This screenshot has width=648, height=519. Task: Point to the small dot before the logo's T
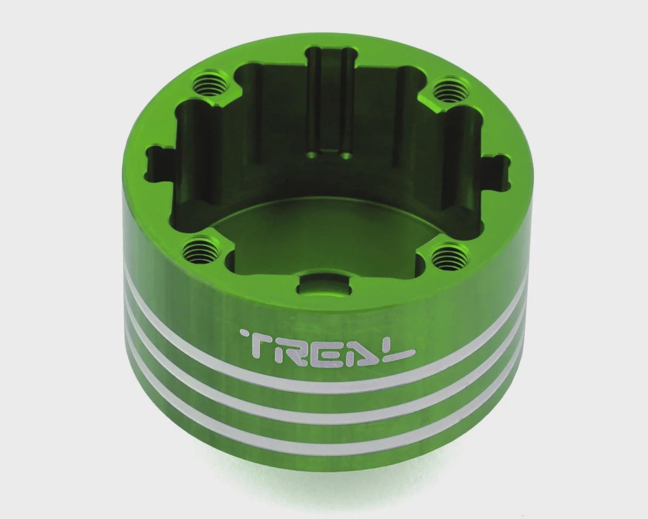tap(242, 333)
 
